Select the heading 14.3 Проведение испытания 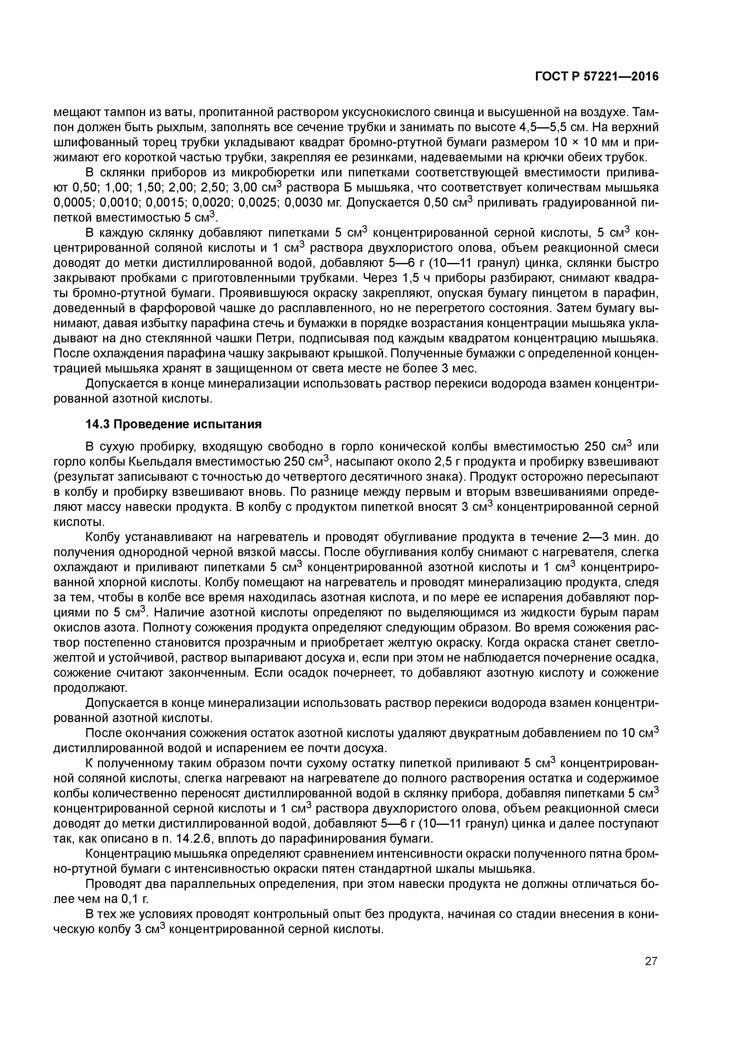tap(174, 424)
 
